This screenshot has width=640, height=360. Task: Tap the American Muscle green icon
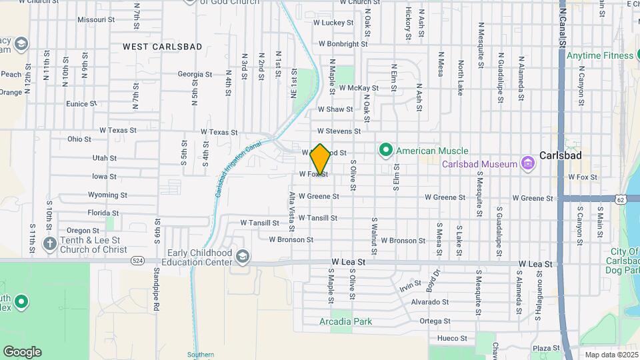(385, 151)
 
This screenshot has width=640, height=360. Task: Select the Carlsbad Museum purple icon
(528, 163)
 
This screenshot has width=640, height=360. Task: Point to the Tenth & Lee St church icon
(49, 244)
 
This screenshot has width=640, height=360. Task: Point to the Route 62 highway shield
(621, 199)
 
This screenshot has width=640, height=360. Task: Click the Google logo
(22, 352)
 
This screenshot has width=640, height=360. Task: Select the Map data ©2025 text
(611, 355)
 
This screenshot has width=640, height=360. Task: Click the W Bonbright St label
(343, 44)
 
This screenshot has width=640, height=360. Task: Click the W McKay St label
(358, 88)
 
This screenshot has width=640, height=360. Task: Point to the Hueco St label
(452, 339)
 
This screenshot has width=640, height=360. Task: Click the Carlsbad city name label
(560, 155)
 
